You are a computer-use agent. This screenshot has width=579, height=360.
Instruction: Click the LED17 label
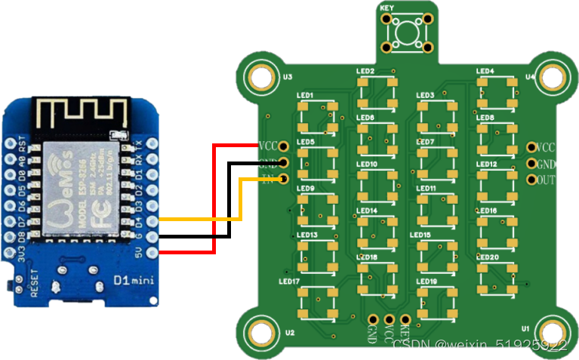tap(289, 282)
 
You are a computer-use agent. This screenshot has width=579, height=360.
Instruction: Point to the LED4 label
tap(485, 72)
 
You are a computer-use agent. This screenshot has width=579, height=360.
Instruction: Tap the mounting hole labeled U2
tap(260, 330)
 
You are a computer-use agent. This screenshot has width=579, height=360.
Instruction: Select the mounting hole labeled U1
tap(553, 330)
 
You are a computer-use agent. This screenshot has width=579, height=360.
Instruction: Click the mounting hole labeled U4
tap(553, 77)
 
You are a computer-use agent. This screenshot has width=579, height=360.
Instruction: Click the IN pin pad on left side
tap(284, 179)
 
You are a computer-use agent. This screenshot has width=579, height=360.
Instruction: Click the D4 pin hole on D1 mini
tap(152, 220)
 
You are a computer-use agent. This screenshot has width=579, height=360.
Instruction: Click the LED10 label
tap(367, 164)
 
